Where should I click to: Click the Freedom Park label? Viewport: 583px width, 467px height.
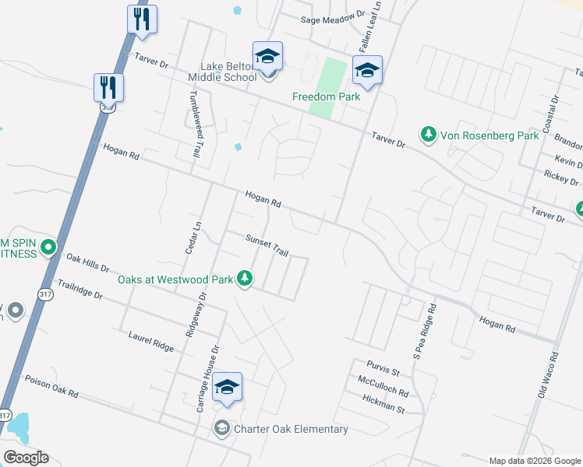(326, 97)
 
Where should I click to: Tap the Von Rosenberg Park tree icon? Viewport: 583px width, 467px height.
(428, 135)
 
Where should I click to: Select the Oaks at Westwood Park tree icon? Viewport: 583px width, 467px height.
(246, 278)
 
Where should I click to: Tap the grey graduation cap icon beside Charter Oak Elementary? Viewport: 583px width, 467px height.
(221, 429)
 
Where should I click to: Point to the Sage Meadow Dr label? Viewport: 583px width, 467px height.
(334, 14)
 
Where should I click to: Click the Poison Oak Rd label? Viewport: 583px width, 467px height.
(51, 387)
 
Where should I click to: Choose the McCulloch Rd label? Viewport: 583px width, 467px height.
(383, 387)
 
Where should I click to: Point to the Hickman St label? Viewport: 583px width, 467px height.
(384, 404)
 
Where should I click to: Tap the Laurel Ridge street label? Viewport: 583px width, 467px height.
(150, 340)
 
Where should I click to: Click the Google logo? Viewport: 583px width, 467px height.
(26, 458)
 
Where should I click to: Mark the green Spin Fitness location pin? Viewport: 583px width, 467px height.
(48, 248)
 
